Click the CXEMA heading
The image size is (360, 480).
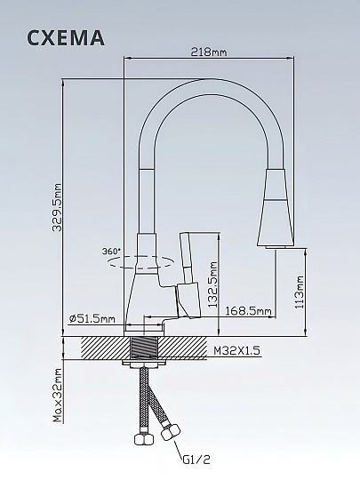pos(66,38)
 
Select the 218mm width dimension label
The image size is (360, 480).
pos(209,52)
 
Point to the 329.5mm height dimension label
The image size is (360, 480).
pos(57,207)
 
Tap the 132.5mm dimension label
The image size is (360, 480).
pos(212,284)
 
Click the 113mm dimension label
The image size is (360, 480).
pos(300,292)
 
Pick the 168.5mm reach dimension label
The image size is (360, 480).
pos(248,311)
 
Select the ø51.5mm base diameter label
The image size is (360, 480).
pos(92,319)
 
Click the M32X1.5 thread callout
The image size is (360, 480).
pos(236,350)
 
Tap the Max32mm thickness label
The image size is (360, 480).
pos(57,395)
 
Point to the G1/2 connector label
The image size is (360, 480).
pos(196,460)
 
